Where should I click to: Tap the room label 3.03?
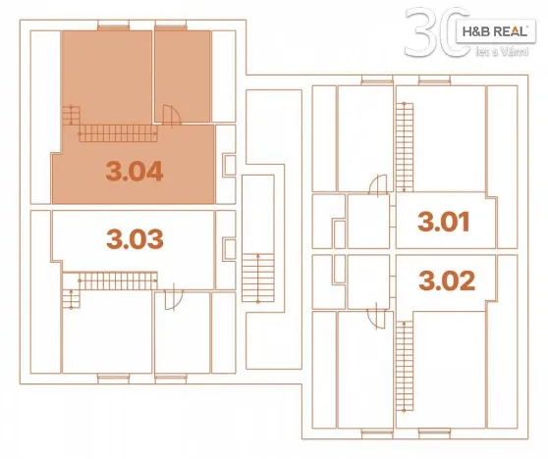(134, 238)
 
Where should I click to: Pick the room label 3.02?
(447, 280)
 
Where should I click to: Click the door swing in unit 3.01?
(374, 186)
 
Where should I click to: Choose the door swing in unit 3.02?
(374, 316)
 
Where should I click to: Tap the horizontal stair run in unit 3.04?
(117, 134)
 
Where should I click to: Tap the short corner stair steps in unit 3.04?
(70, 119)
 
